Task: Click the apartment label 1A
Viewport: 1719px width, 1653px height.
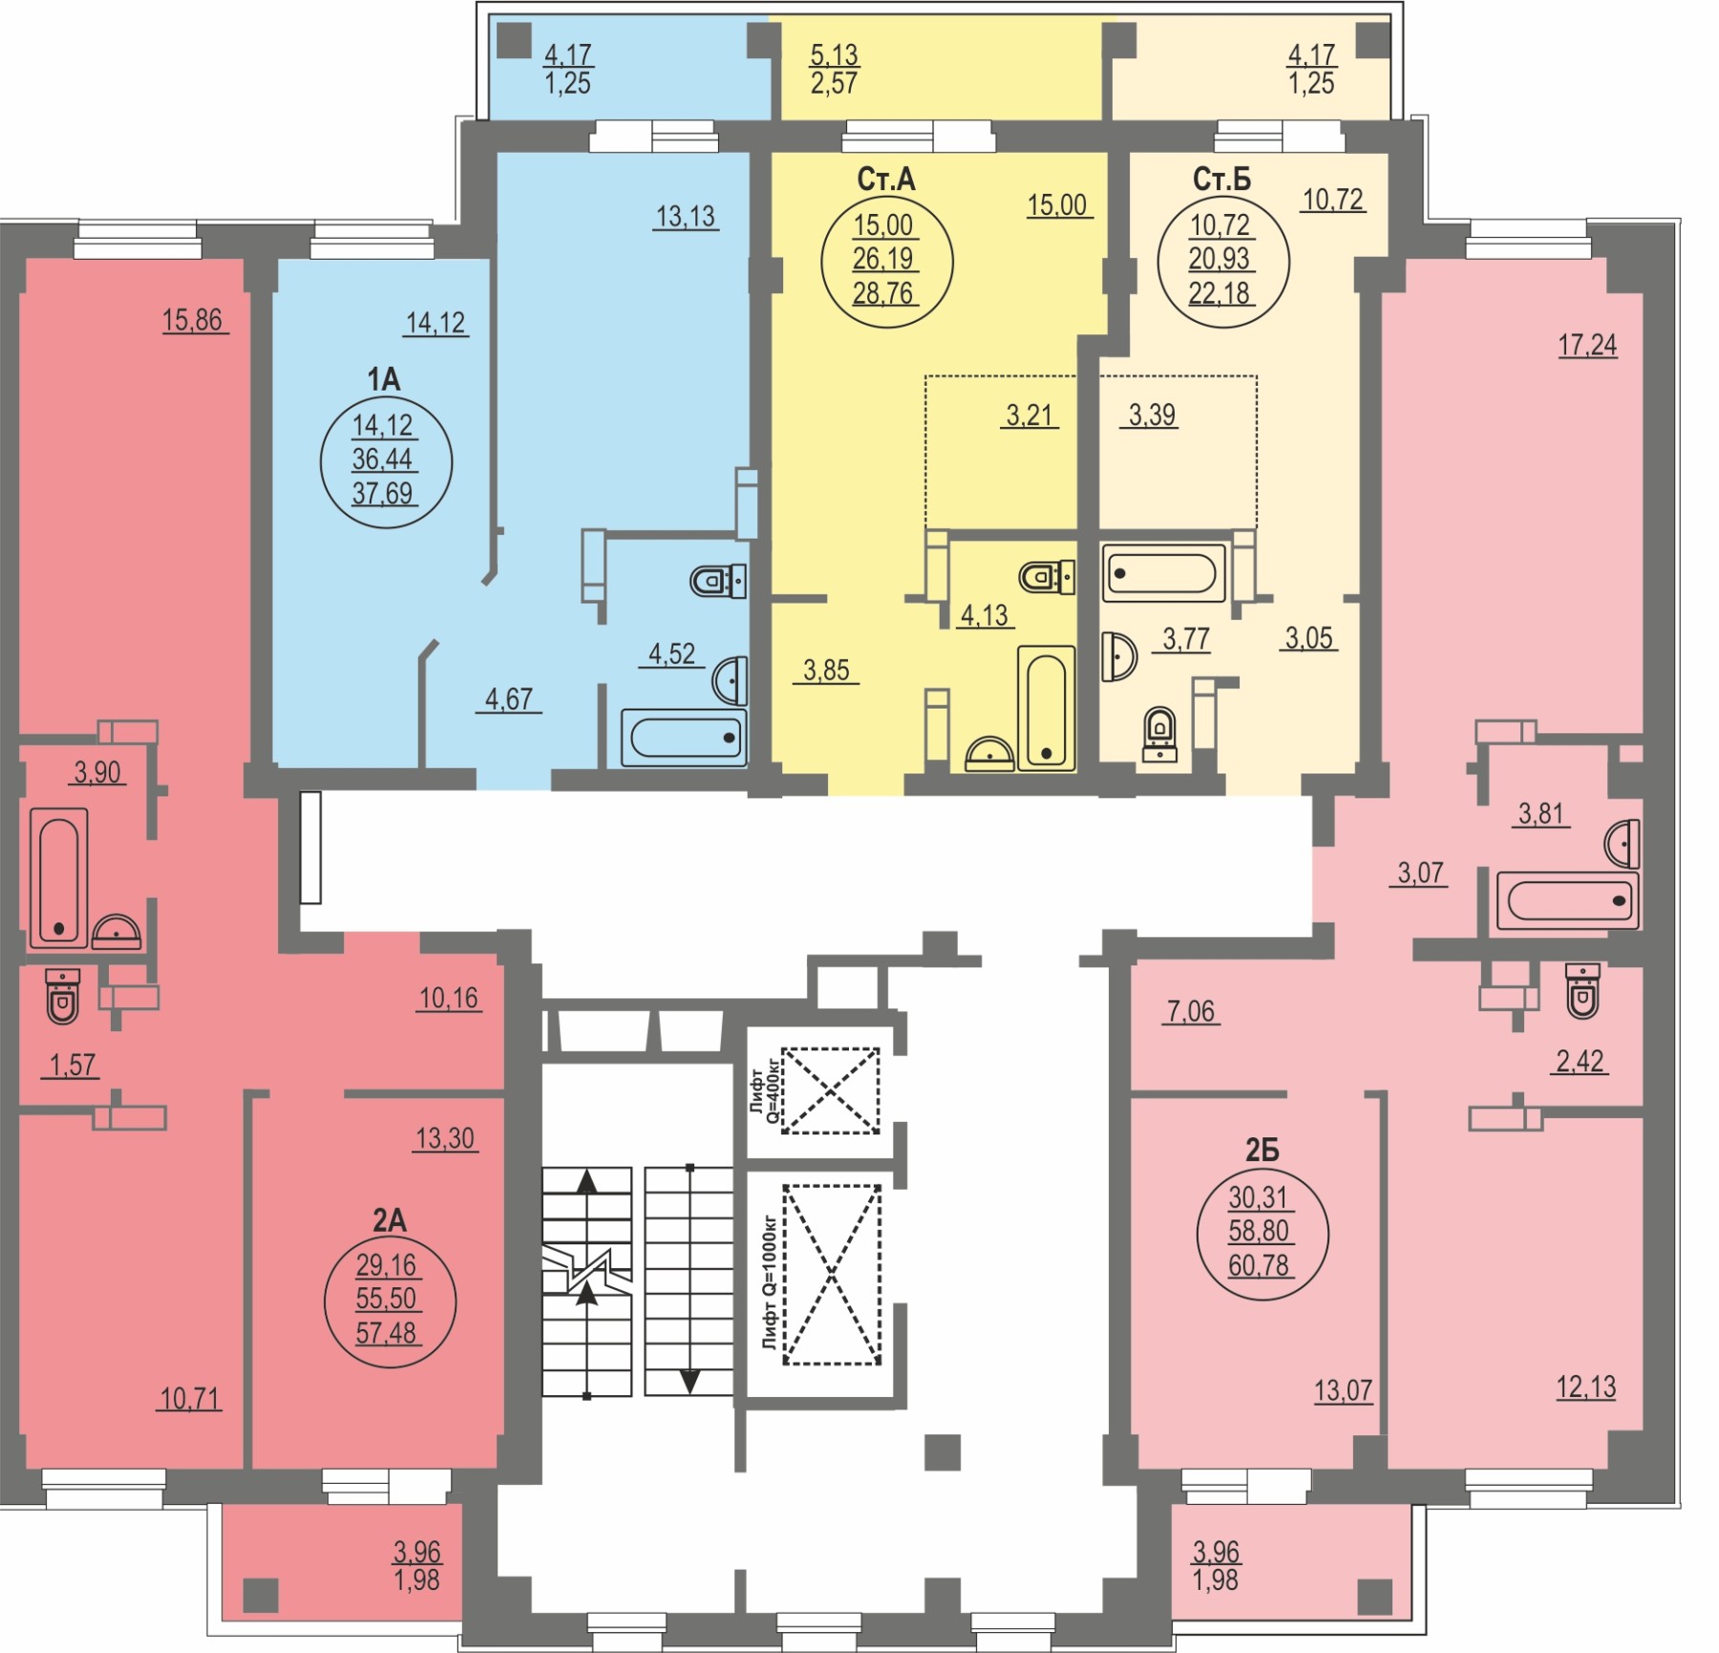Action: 384,379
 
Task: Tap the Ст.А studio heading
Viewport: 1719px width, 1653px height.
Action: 886,179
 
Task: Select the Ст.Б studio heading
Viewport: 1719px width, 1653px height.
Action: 1221,179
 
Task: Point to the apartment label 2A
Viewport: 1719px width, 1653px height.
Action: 389,1219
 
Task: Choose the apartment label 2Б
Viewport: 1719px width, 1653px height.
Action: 1262,1151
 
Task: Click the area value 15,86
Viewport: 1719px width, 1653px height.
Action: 193,320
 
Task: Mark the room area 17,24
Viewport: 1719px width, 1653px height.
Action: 1587,345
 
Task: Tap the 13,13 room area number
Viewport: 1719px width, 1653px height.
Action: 686,217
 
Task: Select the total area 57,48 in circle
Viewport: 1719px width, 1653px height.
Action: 386,1333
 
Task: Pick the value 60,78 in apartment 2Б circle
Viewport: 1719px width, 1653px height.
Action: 1259,1265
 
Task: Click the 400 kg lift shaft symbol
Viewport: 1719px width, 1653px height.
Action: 831,1091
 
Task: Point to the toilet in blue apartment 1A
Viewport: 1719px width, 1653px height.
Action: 718,580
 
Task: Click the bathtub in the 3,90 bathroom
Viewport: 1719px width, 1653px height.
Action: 59,878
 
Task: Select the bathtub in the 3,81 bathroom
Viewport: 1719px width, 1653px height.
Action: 1567,900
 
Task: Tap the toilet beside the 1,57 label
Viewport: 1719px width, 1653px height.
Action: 63,995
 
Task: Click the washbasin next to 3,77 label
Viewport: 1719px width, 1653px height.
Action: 1118,657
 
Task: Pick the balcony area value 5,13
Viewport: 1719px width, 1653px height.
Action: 834,55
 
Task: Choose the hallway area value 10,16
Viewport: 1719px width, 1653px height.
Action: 449,999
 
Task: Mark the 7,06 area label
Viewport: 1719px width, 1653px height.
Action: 1191,1011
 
